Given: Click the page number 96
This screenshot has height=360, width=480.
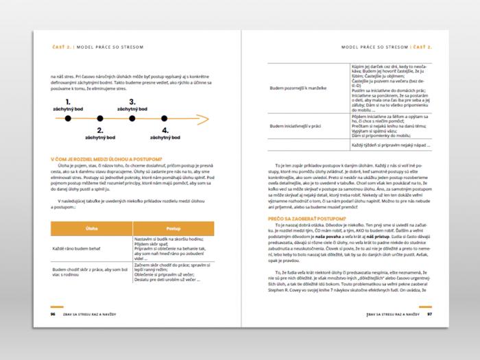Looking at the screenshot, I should coord(53,314).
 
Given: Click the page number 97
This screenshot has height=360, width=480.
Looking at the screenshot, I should coord(429,314).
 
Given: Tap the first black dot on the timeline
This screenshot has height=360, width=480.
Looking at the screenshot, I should coord(68,119).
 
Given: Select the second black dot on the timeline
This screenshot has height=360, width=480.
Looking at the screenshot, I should coord(100,119).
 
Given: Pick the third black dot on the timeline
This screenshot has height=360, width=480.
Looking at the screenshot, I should coord(132,119).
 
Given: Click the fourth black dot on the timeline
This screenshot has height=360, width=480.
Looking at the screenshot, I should coord(165,119).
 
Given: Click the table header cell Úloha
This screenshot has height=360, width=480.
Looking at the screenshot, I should coord(91,228).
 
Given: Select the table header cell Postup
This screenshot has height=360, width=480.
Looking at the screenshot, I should coord(173,228).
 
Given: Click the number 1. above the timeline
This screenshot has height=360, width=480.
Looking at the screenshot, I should coord(68,101).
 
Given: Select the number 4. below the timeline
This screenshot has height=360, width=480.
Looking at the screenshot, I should coord(165,130).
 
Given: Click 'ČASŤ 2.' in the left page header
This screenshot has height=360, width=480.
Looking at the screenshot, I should coord(62,47).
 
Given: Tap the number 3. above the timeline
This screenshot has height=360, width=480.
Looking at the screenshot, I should coord(132,101).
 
